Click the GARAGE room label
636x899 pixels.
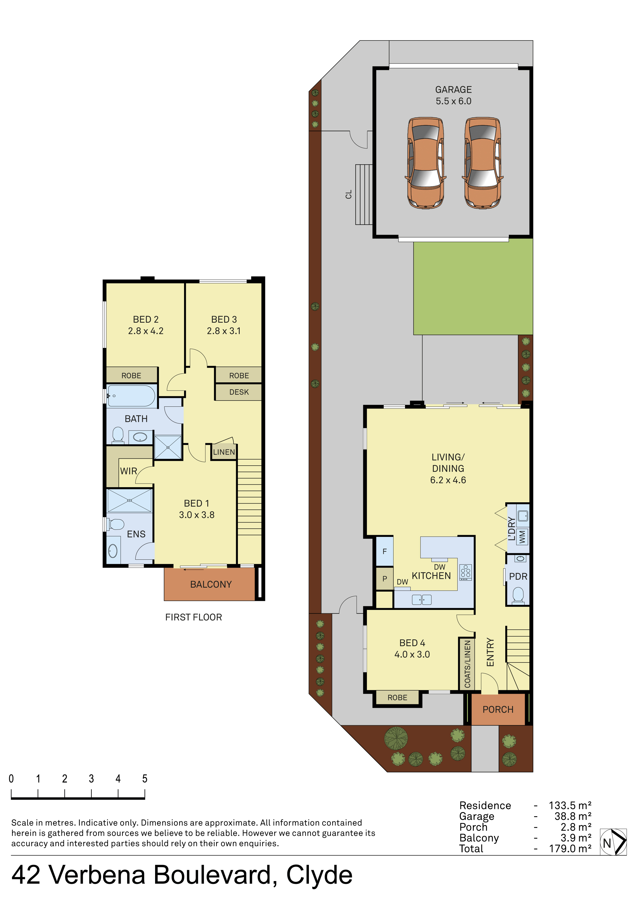click(x=453, y=90)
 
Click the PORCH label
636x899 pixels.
click(x=498, y=710)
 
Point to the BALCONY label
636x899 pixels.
click(x=211, y=584)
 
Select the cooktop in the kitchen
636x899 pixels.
click(x=466, y=572)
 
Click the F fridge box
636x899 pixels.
click(x=385, y=551)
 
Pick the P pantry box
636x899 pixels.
click(x=385, y=578)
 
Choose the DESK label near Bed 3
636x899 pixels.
click(x=239, y=392)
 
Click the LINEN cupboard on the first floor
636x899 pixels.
click(x=224, y=452)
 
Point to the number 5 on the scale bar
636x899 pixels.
click(x=145, y=779)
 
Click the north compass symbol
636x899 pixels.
click(x=613, y=842)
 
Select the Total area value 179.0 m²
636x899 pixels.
click(x=570, y=849)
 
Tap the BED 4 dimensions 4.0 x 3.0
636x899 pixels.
click(x=412, y=654)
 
